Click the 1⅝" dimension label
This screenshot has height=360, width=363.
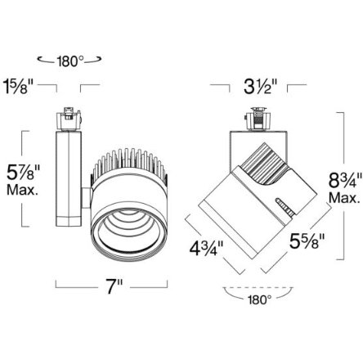click(18, 87)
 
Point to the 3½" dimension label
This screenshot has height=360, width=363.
click(260, 87)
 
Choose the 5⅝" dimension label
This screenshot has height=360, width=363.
click(307, 241)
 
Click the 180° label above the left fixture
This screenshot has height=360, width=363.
click(70, 61)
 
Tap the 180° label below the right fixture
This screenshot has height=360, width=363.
click(260, 300)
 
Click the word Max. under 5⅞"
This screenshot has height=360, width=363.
click(22, 190)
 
